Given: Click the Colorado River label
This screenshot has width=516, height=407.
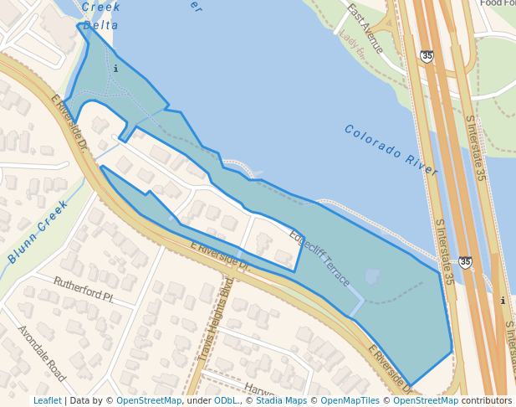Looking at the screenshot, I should click(391, 150).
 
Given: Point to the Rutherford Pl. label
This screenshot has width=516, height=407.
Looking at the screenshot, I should click(83, 290).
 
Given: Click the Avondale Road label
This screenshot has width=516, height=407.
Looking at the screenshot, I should click(41, 353).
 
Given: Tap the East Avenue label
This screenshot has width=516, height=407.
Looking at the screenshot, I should click(365, 28).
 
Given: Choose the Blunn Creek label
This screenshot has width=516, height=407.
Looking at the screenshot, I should click(38, 231).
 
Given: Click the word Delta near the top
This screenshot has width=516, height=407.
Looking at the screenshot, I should click(100, 26).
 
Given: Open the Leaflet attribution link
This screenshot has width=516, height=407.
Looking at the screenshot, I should click(47, 400).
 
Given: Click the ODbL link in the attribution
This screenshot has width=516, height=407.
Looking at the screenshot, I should click(226, 400).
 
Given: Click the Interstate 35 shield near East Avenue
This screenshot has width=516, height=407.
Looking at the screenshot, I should click(427, 56).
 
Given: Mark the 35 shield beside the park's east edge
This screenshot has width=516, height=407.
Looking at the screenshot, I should click(465, 262).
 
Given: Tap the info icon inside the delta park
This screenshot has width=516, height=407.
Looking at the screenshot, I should click(115, 69).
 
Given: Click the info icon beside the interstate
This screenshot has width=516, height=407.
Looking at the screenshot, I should click(502, 301).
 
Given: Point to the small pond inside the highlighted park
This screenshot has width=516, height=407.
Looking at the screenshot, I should click(373, 276).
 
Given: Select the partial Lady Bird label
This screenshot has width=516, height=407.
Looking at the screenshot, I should click(352, 47).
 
